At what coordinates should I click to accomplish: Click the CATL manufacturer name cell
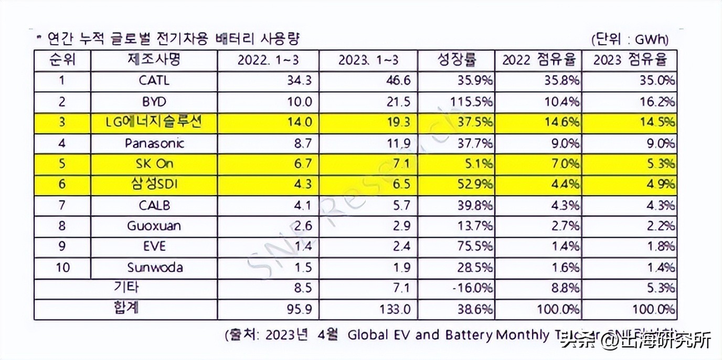pos(154,81)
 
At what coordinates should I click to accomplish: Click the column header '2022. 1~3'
pos(269,60)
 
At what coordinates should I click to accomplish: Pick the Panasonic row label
pos(154,143)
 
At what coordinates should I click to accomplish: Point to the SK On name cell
pos(154,164)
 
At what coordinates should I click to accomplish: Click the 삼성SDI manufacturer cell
pos(154,185)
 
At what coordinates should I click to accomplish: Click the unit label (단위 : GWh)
pos(629,40)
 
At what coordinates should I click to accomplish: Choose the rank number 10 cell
pos(62,267)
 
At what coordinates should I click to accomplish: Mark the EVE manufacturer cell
pos(154,247)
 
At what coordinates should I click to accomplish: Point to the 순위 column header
pos(62,60)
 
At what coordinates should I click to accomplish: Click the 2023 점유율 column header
pos(629,60)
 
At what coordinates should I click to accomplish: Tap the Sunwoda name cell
pos(154,267)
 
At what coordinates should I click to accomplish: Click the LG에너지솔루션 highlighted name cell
pos(154,123)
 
